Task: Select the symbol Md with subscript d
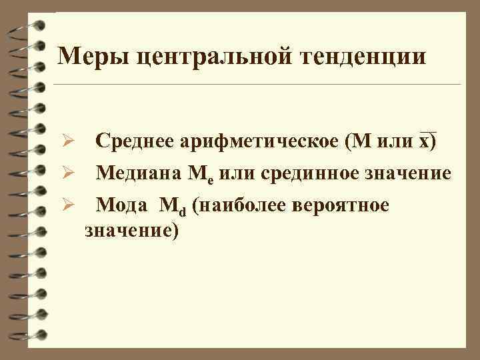click(x=173, y=207)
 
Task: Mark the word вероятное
click(x=347, y=205)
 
